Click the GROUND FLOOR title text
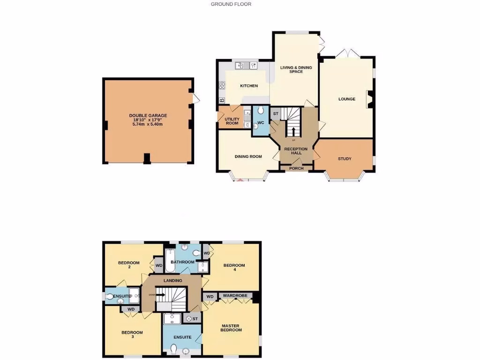pyautogui.click(x=231, y=4)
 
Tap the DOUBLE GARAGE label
pyautogui.click(x=148, y=115)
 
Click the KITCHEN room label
pyautogui.click(x=249, y=86)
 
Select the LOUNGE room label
pyautogui.click(x=347, y=99)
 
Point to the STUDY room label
pyautogui.click(x=345, y=159)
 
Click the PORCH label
pyautogui.click(x=296, y=168)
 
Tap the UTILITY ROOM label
pyautogui.click(x=232, y=121)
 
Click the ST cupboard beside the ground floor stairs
pyautogui.click(x=276, y=113)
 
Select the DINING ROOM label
pyautogui.click(x=248, y=157)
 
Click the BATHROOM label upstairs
pyautogui.click(x=182, y=262)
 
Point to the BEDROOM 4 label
pyautogui.click(x=234, y=268)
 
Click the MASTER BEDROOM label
pyautogui.click(x=231, y=328)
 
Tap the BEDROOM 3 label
pyautogui.click(x=132, y=335)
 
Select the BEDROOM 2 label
pyautogui.click(x=129, y=265)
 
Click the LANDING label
pyautogui.click(x=172, y=281)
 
